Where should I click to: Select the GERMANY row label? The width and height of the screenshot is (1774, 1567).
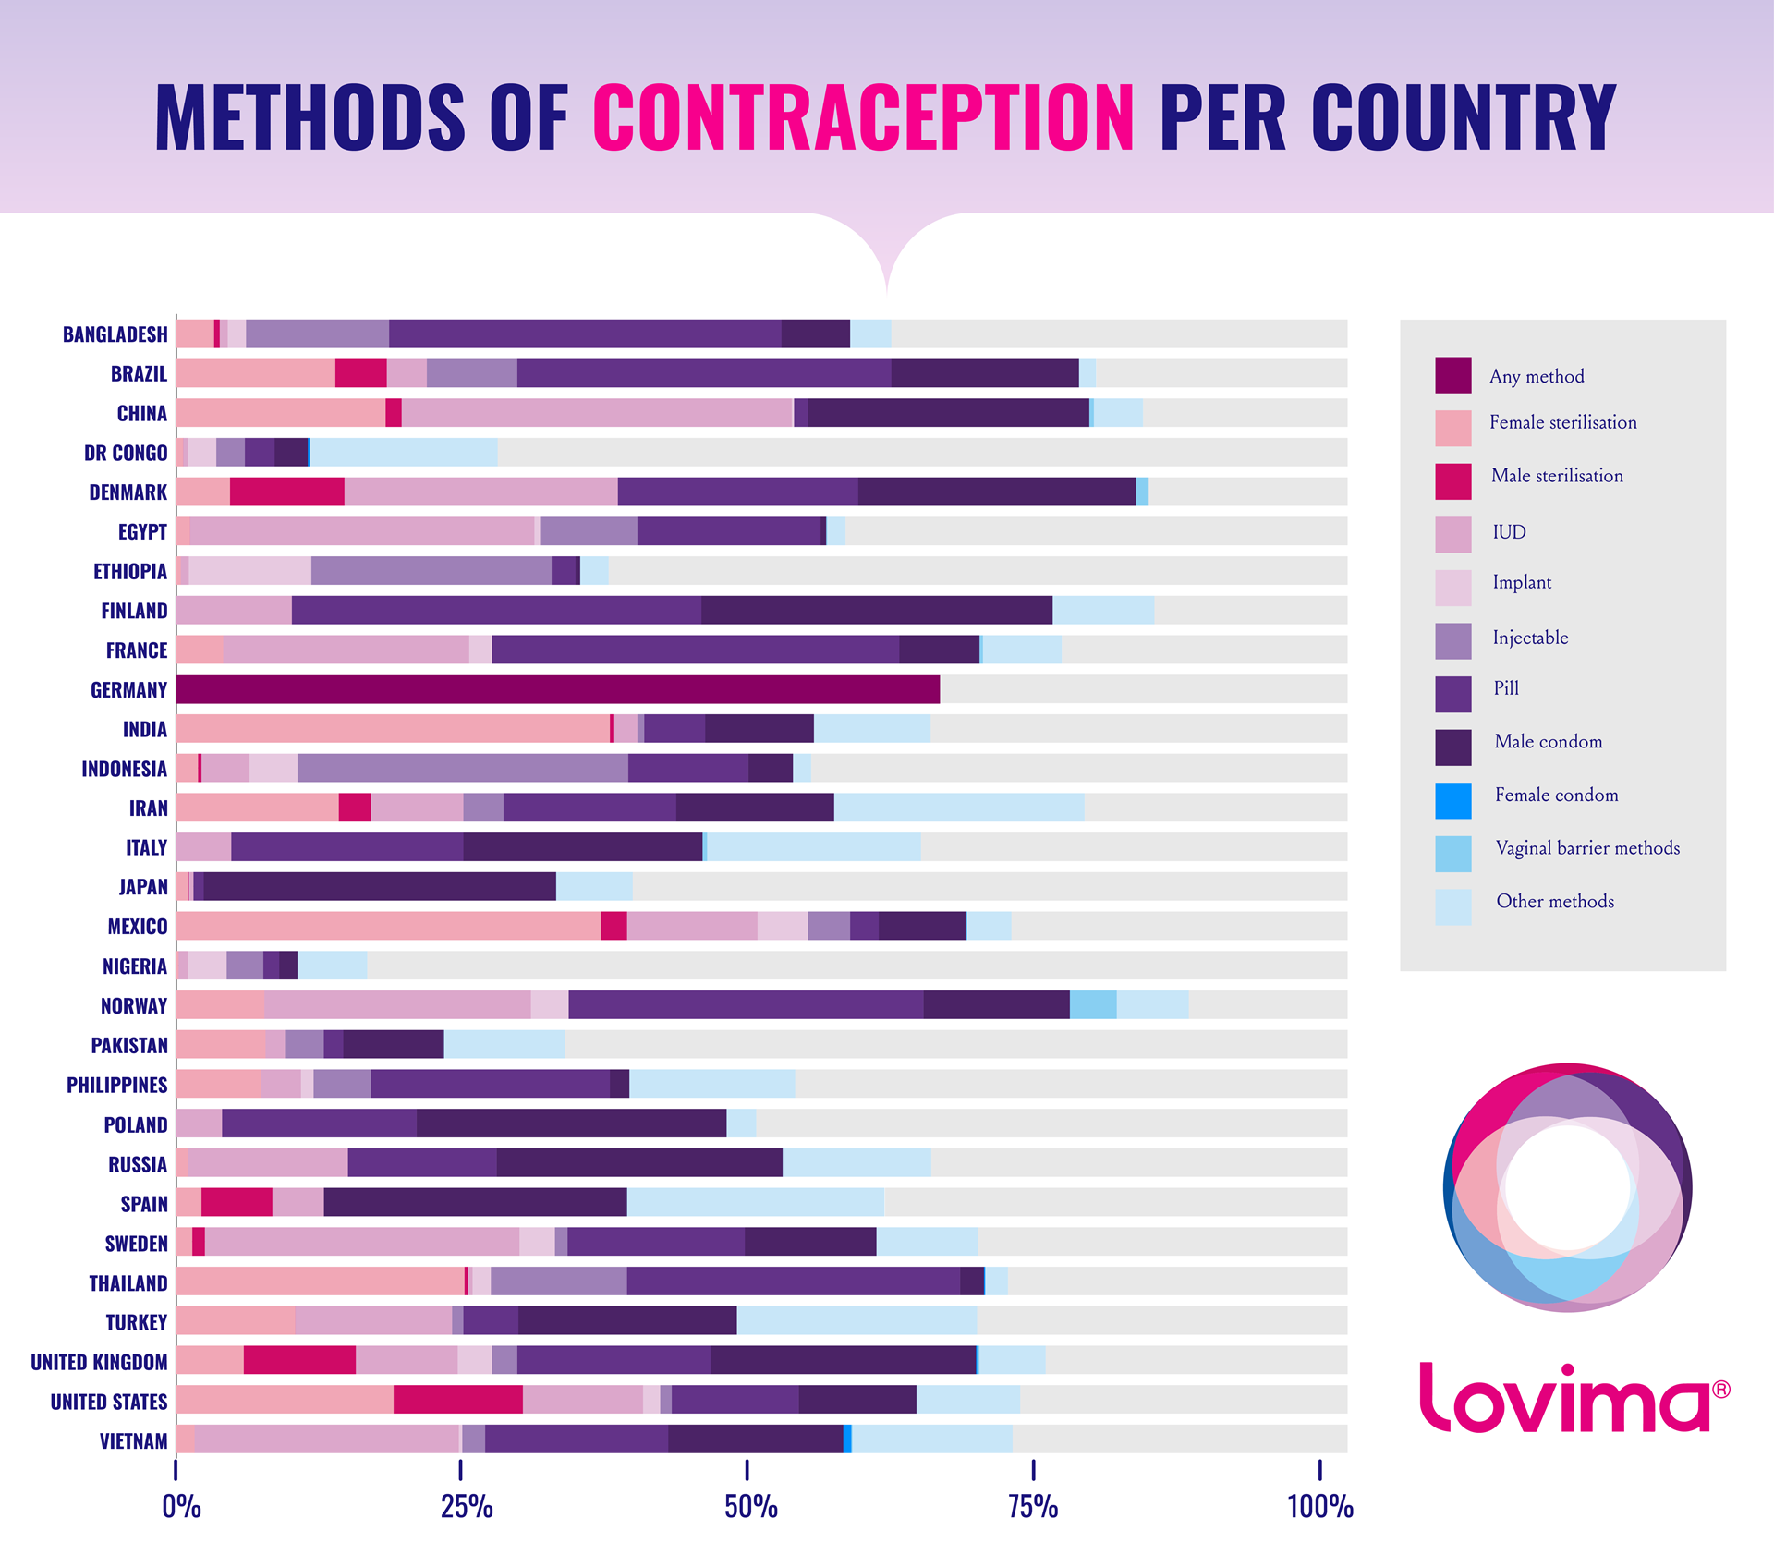point(128,690)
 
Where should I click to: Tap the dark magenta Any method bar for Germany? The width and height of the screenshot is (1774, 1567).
point(557,689)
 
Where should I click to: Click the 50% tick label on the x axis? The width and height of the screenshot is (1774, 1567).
point(750,1507)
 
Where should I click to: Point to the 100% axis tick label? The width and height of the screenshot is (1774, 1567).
point(1319,1507)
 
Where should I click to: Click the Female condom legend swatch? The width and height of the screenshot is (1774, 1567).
point(1452,800)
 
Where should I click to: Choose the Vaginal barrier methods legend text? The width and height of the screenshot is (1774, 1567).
point(1587,848)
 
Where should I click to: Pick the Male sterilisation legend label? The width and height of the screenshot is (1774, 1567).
point(1557,476)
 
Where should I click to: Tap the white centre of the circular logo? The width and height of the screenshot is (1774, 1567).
point(1568,1187)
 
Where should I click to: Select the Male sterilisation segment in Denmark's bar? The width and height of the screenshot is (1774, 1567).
point(286,492)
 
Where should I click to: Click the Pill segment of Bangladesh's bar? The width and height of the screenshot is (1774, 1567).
point(585,334)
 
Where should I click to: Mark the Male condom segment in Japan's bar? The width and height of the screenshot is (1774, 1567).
point(380,886)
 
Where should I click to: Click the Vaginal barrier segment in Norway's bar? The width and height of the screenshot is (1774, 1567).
point(1093,1004)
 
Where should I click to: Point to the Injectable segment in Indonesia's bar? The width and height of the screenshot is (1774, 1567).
point(462,768)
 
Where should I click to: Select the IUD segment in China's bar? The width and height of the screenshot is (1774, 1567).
point(597,412)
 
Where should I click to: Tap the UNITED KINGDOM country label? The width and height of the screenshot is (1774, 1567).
point(99,1362)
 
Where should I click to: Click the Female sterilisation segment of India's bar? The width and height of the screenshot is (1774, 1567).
point(393,728)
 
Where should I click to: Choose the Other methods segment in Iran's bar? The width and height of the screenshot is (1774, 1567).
point(959,808)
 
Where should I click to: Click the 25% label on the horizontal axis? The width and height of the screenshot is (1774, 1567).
point(467,1507)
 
